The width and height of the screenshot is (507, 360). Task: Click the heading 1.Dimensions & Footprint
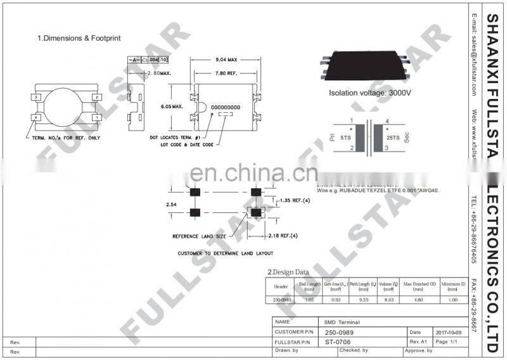pyautogui.click(x=79, y=38)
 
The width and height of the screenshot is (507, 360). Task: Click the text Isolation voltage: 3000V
pyautogui.click(x=370, y=93)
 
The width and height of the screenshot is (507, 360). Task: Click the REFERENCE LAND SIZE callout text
pyautogui.click(x=200, y=236)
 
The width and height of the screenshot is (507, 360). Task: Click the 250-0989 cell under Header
pyautogui.click(x=282, y=299)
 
